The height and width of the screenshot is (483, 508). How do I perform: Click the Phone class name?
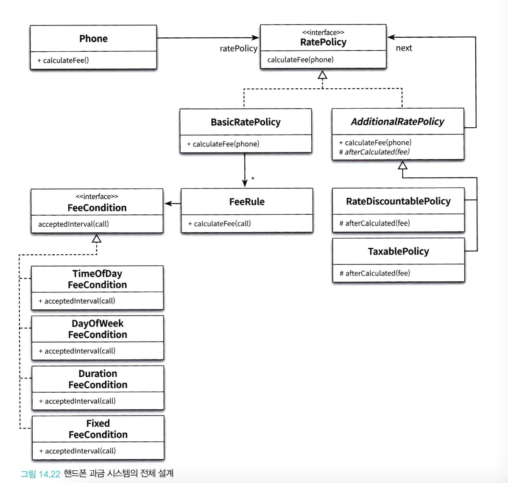93,39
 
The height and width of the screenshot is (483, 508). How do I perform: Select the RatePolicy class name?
324,42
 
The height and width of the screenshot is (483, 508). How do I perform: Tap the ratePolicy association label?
238,49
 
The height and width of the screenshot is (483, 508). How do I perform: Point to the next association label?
404,48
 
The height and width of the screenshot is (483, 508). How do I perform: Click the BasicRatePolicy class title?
246,122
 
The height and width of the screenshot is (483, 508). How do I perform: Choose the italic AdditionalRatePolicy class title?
397,122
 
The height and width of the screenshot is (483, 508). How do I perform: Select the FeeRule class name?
247,202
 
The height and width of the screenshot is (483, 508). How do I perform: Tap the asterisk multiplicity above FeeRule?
253,178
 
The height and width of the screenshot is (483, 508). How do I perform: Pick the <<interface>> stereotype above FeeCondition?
97,197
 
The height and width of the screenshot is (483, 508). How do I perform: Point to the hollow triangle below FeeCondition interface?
97,239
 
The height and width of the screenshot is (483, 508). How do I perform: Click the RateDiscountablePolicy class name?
398,202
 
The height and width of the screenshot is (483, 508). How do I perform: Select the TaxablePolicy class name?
399,251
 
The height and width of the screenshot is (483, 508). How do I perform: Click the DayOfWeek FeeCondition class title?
98,329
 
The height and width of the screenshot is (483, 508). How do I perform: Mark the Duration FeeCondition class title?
98,379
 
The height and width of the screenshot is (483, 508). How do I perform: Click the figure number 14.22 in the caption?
50,474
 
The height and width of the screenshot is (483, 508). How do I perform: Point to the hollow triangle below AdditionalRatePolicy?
402,166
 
